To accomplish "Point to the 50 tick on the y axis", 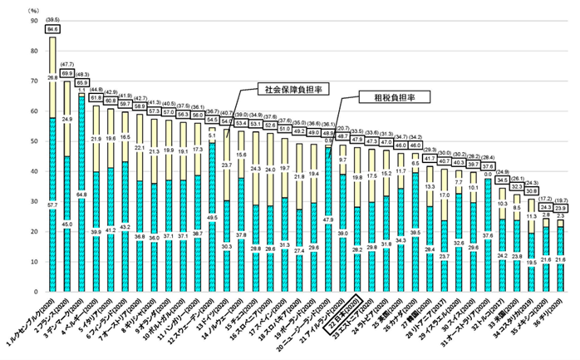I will (x=33, y=142).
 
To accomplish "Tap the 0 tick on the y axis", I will (x=36, y=292).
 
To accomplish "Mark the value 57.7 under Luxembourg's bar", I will (x=53, y=205).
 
